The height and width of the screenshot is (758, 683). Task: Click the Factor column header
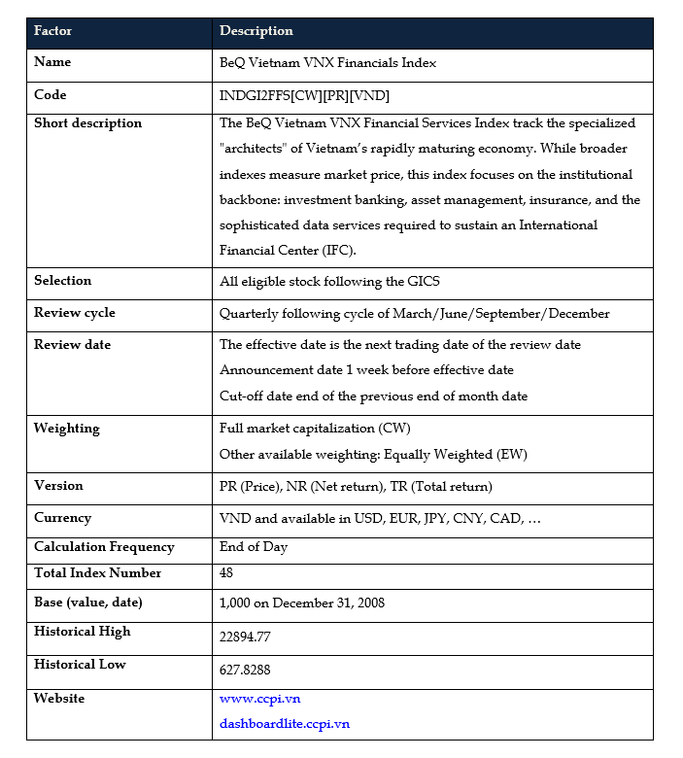point(52,31)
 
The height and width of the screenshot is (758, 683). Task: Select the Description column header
point(256,31)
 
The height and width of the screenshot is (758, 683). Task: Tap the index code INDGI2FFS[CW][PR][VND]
point(304,96)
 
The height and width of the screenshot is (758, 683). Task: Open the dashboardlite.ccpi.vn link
point(284,724)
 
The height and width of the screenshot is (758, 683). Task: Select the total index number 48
point(226,573)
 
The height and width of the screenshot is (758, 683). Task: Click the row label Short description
point(87,123)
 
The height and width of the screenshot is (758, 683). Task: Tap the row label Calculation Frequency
point(104,547)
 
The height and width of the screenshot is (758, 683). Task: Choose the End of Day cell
point(254,547)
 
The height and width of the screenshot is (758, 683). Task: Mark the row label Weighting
point(66,429)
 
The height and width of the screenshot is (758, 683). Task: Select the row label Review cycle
point(74,313)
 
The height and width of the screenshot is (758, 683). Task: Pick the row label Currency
point(62,518)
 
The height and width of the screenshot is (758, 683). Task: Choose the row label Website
point(59,699)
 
